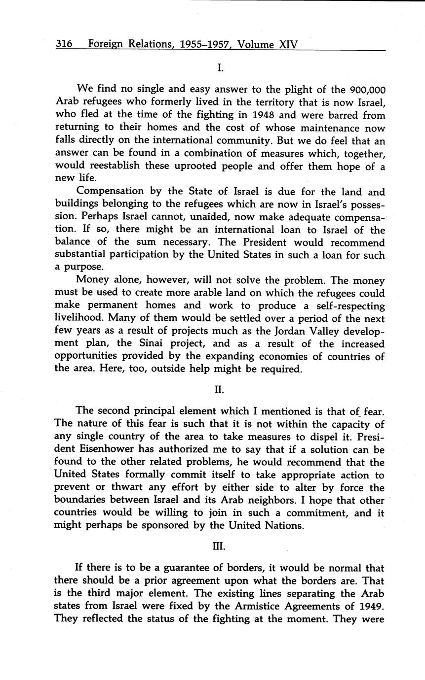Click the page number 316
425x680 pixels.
pyautogui.click(x=64, y=44)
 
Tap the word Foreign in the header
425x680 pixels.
pyautogui.click(x=105, y=45)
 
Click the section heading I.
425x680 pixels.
pyautogui.click(x=220, y=68)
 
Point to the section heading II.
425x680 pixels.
pyautogui.click(x=220, y=389)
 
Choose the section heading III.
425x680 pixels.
pyautogui.click(x=220, y=546)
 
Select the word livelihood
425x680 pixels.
pyautogui.click(x=78, y=318)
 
